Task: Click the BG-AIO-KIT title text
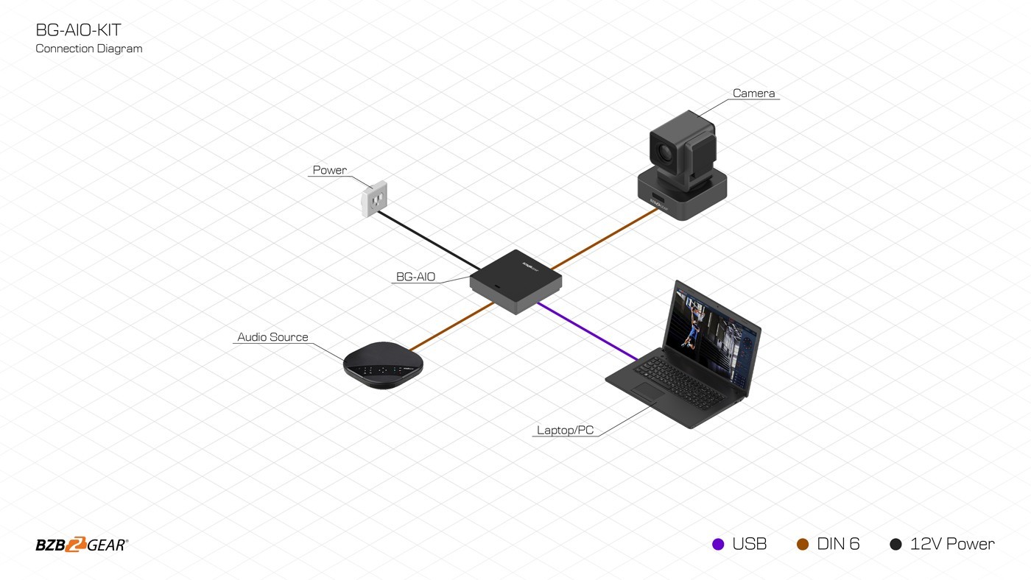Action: pyautogui.click(x=79, y=30)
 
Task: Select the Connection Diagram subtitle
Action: pyautogui.click(x=89, y=49)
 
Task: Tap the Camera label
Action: pyautogui.click(x=753, y=93)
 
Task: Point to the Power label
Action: pyautogui.click(x=329, y=170)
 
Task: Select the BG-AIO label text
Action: pyautogui.click(x=415, y=277)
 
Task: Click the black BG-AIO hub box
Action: pyautogui.click(x=515, y=280)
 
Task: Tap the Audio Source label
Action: pyautogui.click(x=272, y=337)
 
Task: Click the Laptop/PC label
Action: pyautogui.click(x=565, y=431)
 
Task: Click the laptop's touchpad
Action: pyautogui.click(x=648, y=392)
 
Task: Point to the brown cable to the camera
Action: pyautogui.click(x=604, y=238)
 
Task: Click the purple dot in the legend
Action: pyautogui.click(x=718, y=545)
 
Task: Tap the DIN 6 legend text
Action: pyautogui.click(x=838, y=545)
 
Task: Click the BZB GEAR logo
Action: pyautogui.click(x=82, y=545)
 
